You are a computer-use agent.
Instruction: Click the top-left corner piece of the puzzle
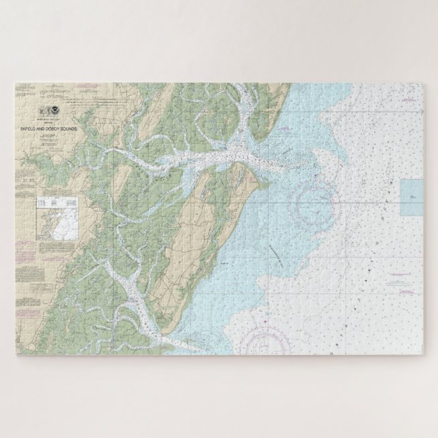[20, 89]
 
